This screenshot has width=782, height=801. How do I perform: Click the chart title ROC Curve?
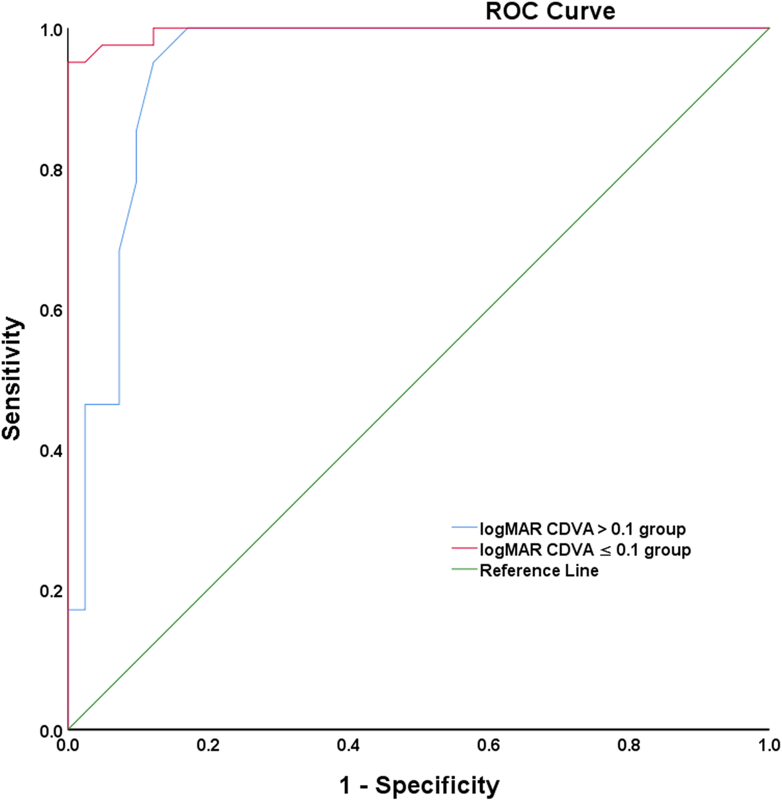(x=550, y=11)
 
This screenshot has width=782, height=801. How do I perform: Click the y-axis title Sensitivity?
(x=12, y=379)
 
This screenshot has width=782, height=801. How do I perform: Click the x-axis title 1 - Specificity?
(x=419, y=785)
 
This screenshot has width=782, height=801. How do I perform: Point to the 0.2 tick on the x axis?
(x=208, y=745)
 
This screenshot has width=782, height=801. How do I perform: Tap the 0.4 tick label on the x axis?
(x=348, y=745)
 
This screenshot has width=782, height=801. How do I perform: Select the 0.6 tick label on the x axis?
(x=489, y=745)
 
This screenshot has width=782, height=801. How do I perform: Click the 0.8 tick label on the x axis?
(x=629, y=745)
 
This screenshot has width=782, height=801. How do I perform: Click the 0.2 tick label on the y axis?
(x=51, y=590)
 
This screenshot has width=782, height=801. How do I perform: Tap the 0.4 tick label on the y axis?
(x=51, y=451)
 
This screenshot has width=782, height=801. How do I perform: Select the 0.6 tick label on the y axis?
(x=51, y=310)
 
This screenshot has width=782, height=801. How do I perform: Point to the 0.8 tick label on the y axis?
(x=51, y=170)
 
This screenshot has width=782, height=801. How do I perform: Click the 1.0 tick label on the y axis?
(x=51, y=30)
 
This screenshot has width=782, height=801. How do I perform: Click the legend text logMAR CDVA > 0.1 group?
(x=583, y=529)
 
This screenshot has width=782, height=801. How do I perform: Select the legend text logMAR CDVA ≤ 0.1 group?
(x=585, y=549)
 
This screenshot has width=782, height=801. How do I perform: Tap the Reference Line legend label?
(x=539, y=571)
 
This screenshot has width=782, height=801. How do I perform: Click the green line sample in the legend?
(x=464, y=569)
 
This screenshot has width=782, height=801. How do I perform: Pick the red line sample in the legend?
(x=464, y=549)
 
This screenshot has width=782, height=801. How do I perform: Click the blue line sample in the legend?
(x=464, y=528)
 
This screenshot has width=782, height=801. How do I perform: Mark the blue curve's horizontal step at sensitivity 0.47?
(x=102, y=404)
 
